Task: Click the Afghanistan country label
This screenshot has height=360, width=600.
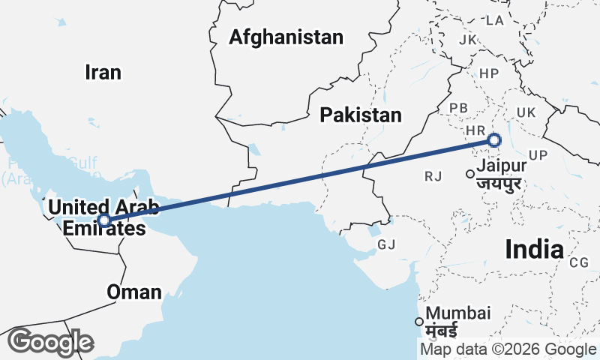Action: tap(286, 37)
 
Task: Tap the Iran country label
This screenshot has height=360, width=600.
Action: tap(103, 72)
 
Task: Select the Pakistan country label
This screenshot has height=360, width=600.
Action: tap(361, 115)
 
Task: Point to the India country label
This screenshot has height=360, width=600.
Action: tap(534, 249)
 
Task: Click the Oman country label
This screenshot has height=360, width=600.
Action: tap(134, 292)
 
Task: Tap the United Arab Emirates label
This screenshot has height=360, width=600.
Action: tap(94, 217)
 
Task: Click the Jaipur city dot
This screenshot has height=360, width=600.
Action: tap(470, 174)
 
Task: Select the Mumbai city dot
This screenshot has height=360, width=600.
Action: tap(419, 322)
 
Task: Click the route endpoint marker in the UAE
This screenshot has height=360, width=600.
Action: tap(105, 220)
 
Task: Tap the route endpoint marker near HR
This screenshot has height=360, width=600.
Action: tap(494, 139)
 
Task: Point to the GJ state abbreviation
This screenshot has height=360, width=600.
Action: tap(386, 244)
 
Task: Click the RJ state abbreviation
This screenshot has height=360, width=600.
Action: tap(433, 176)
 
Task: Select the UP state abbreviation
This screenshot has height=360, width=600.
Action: tap(538, 155)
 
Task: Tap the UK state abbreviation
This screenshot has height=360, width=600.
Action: tap(525, 112)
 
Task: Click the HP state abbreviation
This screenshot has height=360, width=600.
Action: tap(489, 73)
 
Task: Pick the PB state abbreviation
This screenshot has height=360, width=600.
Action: tap(459, 108)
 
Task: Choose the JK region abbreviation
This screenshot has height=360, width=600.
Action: tap(468, 39)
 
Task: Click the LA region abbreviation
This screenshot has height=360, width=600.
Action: tap(494, 20)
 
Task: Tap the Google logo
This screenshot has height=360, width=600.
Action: tap(50, 342)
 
